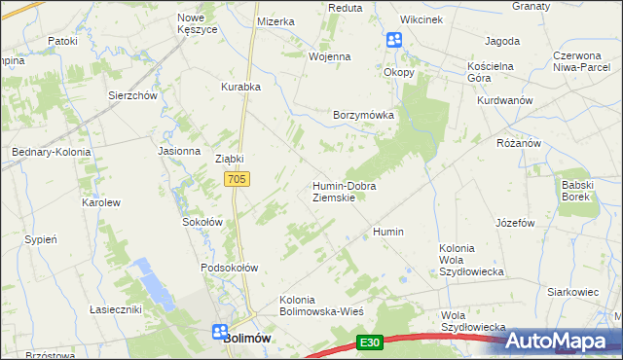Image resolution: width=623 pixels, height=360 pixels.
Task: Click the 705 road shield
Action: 238,179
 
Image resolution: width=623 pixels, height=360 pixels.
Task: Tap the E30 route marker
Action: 368,342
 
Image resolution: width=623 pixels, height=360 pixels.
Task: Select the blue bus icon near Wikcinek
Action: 394,40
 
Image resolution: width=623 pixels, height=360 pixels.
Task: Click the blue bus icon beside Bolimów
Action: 221,331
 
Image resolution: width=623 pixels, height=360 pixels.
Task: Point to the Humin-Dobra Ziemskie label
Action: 344,191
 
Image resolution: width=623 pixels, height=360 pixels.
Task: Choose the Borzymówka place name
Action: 363,114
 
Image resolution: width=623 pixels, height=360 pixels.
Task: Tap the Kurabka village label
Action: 240,87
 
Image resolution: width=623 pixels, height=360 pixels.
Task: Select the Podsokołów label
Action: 228,268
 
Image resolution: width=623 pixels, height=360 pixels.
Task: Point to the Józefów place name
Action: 516,222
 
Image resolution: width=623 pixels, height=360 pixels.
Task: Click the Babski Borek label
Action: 576,190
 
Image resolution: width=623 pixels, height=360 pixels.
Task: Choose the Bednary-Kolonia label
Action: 51,153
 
